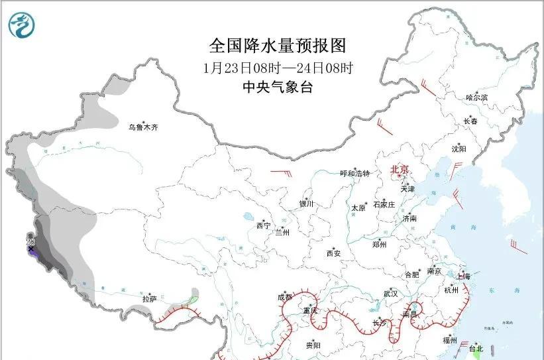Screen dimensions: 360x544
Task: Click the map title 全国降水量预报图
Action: (278, 45)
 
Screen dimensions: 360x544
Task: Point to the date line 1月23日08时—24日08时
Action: (278, 68)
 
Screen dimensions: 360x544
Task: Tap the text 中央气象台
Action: (278, 87)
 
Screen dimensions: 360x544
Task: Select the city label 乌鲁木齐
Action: (144, 127)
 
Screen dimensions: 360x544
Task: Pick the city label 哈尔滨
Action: (476, 97)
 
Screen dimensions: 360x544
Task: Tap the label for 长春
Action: (470, 121)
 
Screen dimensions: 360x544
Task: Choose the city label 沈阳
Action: (459, 149)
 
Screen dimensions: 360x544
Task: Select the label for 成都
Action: (285, 297)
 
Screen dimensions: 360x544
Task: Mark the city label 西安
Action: (333, 253)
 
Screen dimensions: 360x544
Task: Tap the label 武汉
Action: (390, 293)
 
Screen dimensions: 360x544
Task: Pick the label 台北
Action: (476, 348)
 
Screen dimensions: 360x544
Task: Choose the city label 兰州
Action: (282, 232)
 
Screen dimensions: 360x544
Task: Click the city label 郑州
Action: (380, 244)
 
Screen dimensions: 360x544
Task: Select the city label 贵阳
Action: (313, 345)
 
